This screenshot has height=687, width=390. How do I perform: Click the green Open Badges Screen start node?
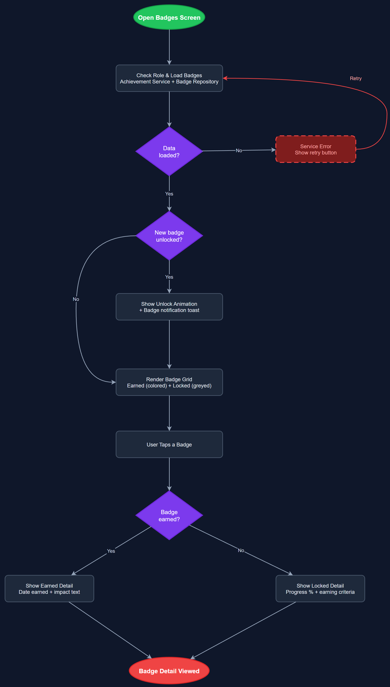click(x=169, y=17)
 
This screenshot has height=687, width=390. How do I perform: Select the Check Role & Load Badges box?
click(x=169, y=78)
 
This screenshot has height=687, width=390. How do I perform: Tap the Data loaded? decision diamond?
click(x=169, y=152)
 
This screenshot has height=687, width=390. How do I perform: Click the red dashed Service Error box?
click(x=316, y=149)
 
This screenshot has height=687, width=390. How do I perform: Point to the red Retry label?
click(x=355, y=78)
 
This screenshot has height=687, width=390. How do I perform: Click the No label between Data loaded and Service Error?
click(x=239, y=151)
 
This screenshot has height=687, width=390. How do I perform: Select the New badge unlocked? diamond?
click(x=169, y=236)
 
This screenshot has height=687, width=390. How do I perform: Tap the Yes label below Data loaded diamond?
click(x=169, y=194)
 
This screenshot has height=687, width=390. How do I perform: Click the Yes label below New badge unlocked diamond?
click(x=169, y=277)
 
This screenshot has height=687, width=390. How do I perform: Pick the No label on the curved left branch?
click(x=76, y=299)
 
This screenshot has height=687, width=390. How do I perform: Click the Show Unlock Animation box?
click(x=169, y=307)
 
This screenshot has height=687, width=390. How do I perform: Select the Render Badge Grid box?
click(x=169, y=382)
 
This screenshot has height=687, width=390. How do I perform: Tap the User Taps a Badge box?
click(x=169, y=444)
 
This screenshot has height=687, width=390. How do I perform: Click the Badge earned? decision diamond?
click(x=169, y=515)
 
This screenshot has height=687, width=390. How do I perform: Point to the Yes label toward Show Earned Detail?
click(x=111, y=551)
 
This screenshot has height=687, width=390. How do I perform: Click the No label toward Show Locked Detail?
click(x=241, y=551)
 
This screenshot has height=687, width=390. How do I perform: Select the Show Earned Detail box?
click(x=49, y=588)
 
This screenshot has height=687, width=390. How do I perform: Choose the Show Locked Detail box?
click(x=320, y=588)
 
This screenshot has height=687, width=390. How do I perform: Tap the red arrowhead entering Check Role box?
click(x=225, y=78)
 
